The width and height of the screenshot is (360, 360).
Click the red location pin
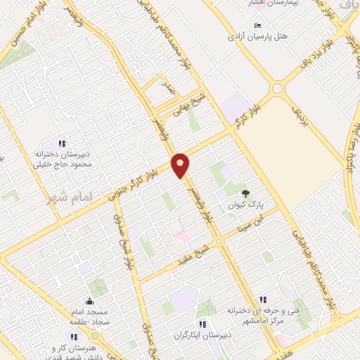181,165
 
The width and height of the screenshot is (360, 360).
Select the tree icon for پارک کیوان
245,193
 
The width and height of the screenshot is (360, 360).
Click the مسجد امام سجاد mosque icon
89,301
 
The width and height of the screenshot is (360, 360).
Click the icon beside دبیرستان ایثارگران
202,324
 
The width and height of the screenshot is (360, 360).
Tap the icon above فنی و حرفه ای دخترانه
263,299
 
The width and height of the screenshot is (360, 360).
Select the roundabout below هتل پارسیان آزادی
276,89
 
